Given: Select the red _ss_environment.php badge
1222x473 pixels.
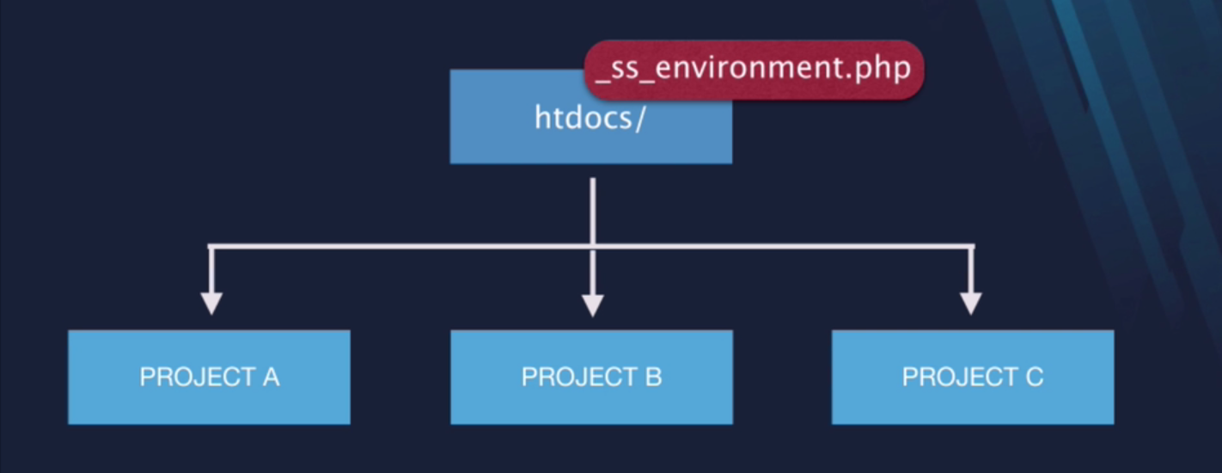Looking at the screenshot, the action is tap(754, 70).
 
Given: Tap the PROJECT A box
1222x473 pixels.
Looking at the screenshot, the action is tap(209, 377).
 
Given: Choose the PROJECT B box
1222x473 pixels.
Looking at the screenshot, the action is tap(591, 377).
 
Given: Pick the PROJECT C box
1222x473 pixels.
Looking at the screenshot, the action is tap(973, 377).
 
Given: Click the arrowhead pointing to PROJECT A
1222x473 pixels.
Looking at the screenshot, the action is tap(211, 303).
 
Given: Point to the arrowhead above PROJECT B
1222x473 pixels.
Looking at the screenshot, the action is tap(593, 304).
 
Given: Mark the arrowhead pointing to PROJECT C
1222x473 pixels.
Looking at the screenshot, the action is tap(971, 303).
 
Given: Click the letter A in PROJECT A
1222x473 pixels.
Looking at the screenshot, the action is tap(271, 377).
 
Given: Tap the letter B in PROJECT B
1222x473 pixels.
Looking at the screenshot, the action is tap(653, 377).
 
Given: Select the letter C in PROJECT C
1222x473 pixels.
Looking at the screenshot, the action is tap(1035, 377).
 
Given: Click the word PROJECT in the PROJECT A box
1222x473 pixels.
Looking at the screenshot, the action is tap(197, 377).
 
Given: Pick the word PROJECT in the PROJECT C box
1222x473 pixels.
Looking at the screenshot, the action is tap(960, 377).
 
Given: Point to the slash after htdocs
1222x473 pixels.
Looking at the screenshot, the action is tap(640, 119).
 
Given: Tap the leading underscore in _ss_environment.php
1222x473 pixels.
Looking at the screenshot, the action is tap(602, 83).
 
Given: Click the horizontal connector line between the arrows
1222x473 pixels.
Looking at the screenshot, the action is tap(591, 247).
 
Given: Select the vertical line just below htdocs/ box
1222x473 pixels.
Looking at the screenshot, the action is tap(593, 211).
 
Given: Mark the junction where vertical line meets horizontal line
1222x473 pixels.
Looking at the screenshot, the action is tap(593, 247).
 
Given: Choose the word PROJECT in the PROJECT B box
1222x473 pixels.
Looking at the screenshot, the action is tap(579, 377).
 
